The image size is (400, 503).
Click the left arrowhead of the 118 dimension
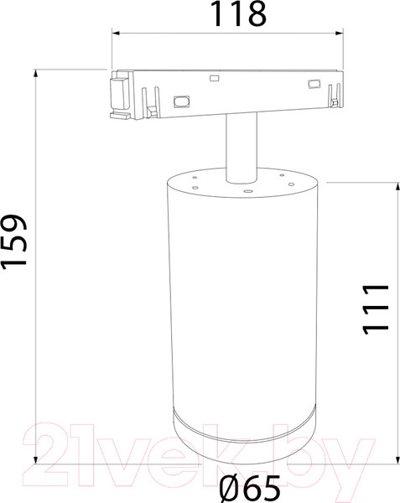116,34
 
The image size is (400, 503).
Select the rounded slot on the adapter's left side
179,101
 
